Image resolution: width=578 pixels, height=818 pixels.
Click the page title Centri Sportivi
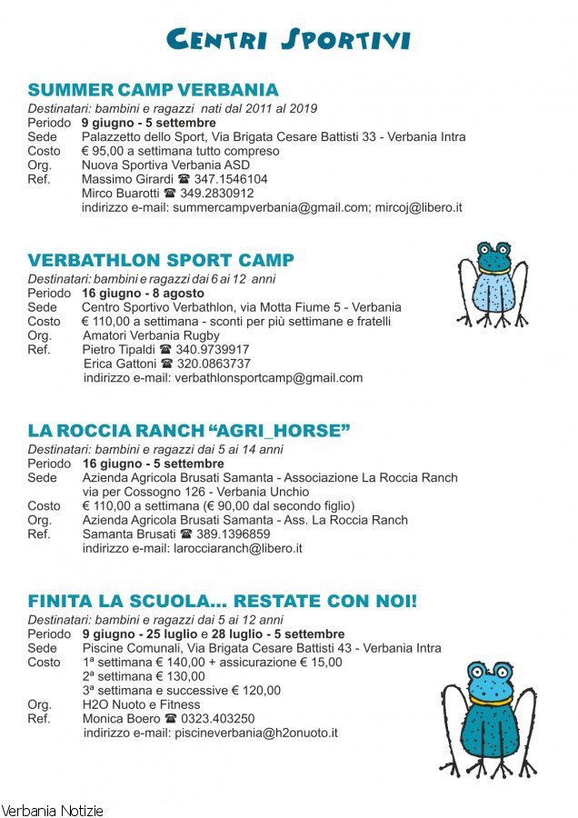click(x=289, y=39)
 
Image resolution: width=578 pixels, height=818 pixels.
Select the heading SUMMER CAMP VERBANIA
click(x=153, y=90)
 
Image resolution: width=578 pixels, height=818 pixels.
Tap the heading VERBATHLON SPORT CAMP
click(x=161, y=261)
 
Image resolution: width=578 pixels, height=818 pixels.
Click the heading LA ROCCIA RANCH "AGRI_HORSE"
click(x=189, y=430)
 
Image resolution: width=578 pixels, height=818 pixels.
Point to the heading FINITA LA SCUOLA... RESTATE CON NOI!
click(x=223, y=602)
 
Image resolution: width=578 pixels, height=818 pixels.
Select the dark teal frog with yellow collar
click(x=493, y=719)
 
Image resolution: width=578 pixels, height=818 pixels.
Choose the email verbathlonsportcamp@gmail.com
click(x=268, y=378)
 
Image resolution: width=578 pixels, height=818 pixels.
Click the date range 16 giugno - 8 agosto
click(x=143, y=294)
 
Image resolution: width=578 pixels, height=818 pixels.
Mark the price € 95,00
click(x=102, y=151)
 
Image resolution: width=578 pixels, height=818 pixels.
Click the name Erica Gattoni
click(x=119, y=364)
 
